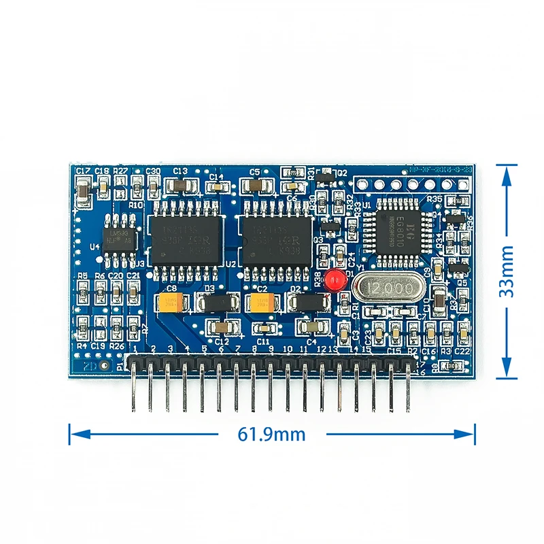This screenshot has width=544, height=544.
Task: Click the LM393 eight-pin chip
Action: coord(121,238)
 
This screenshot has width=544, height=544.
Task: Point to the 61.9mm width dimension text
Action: coord(272,434)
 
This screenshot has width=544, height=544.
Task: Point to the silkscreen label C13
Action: coord(180,171)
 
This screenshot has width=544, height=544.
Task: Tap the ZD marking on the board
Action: coord(88,365)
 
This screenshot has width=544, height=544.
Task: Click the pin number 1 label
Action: coord(135,349)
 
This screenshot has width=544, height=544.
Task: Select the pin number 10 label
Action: coord(287,349)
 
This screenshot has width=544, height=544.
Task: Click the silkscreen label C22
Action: coord(463,351)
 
